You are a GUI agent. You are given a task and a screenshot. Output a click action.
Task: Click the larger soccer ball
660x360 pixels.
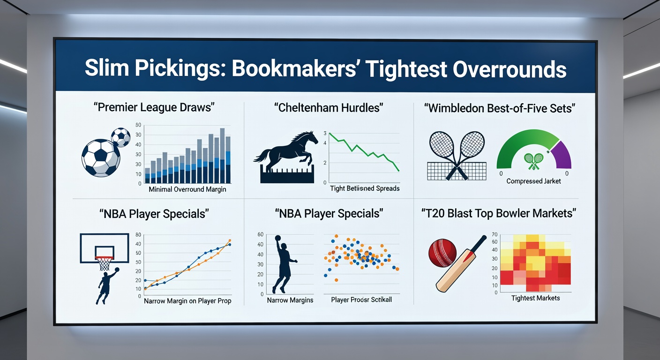pos(101,157)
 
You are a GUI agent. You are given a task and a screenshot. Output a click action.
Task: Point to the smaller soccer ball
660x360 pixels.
pos(121,137)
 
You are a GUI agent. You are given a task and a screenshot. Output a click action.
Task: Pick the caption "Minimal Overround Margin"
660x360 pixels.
pos(187,190)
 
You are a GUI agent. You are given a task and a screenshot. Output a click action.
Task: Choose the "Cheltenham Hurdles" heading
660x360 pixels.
pos(328,108)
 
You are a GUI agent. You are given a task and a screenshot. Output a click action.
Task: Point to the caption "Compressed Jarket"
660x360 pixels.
pos(533,181)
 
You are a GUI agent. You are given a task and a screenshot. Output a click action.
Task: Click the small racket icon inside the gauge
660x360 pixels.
pos(533,161)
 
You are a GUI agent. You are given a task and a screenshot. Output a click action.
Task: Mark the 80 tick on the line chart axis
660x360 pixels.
pos(138,234)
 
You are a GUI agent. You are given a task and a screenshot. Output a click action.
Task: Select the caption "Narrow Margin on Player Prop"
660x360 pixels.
pos(187,301)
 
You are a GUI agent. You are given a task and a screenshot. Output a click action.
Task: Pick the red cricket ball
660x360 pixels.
pos(442,253)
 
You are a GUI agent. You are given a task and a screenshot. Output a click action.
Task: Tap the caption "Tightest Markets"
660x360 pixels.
pos(535,298)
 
